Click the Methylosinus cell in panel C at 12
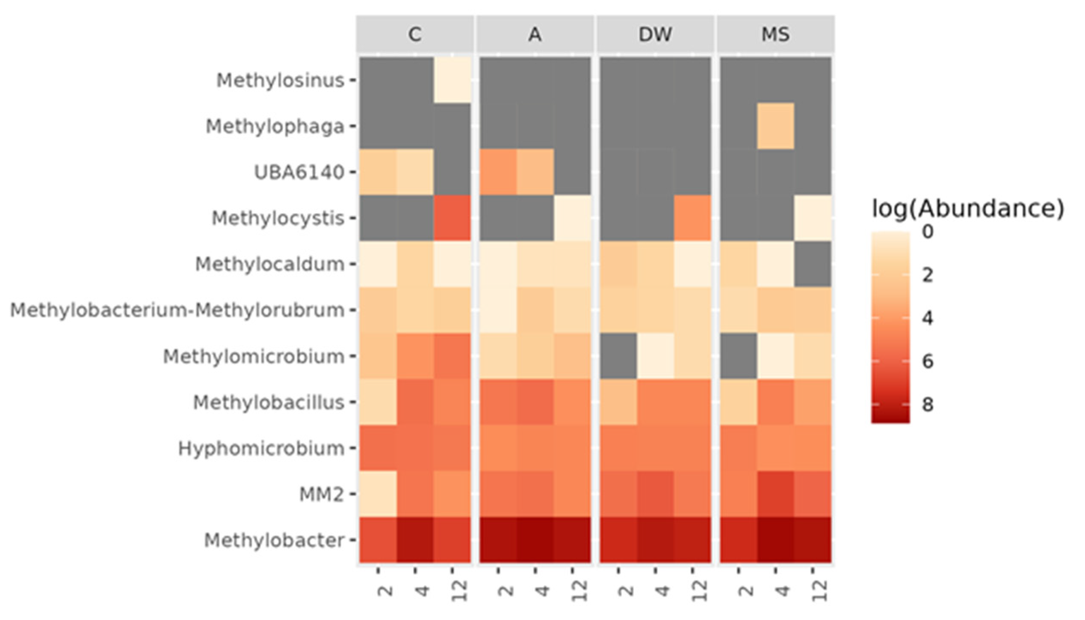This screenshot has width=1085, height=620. pos(452,80)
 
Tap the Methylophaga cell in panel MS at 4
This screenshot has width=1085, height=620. pos(775,126)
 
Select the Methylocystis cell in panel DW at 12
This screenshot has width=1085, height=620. pos(692,218)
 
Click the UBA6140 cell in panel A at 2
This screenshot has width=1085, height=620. pos(498,172)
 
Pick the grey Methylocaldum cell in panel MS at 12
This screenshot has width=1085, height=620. pos(813,264)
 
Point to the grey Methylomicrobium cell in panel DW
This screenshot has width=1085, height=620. pos(618,356)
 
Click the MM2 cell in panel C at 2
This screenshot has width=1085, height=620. pos(378,494)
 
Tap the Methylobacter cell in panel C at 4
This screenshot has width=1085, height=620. pos(415,540)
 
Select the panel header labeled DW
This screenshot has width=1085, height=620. pos(655,34)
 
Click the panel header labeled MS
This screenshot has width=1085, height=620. pos(775,34)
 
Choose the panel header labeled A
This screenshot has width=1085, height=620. pos(535,34)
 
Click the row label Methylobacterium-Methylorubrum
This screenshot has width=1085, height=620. pos(177,310)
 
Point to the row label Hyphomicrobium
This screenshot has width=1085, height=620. pos(261,448)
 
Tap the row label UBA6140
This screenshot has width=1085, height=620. pos(299,173)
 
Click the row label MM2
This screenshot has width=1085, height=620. pos(321,494)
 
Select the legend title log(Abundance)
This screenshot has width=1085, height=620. pos(967,209)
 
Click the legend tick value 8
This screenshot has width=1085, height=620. pos(927,404)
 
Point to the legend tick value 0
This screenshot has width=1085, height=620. pos(927,232)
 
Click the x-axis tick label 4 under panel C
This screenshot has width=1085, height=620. pos(422,591)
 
